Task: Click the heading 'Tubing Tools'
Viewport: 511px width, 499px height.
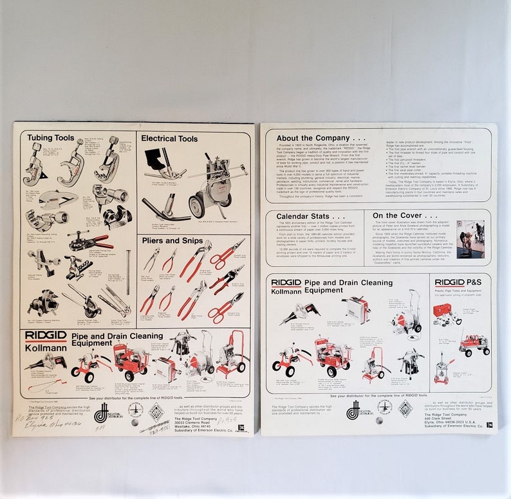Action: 48,137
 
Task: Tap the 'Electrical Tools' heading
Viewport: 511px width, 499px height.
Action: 169,138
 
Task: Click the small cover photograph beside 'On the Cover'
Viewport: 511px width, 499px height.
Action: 470,239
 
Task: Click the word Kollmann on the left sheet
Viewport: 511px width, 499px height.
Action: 42,347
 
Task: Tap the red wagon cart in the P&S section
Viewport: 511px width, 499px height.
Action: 474,343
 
